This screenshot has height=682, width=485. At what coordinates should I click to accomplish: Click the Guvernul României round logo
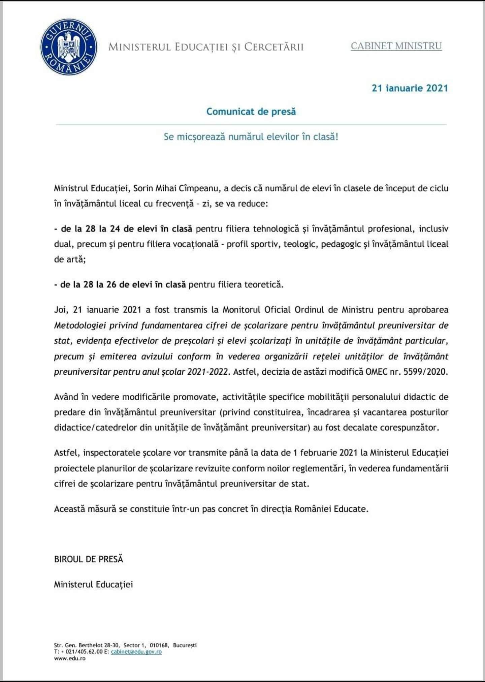point(69,47)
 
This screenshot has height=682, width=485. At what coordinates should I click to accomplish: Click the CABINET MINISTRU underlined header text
point(396,46)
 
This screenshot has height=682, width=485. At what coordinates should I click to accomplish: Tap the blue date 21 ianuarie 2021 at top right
point(410,88)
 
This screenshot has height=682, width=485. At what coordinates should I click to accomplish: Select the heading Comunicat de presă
point(251,112)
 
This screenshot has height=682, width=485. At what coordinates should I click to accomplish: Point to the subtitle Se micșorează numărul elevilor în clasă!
point(251,137)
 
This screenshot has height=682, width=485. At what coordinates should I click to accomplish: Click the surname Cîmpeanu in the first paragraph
point(201,188)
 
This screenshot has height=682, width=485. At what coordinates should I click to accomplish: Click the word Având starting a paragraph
point(66,397)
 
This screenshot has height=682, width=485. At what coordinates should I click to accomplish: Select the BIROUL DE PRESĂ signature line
point(89,559)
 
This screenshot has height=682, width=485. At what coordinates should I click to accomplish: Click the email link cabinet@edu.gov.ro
point(136,652)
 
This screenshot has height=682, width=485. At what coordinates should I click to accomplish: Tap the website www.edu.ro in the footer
point(70,658)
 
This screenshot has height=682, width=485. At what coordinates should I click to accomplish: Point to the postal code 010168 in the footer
point(159,645)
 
